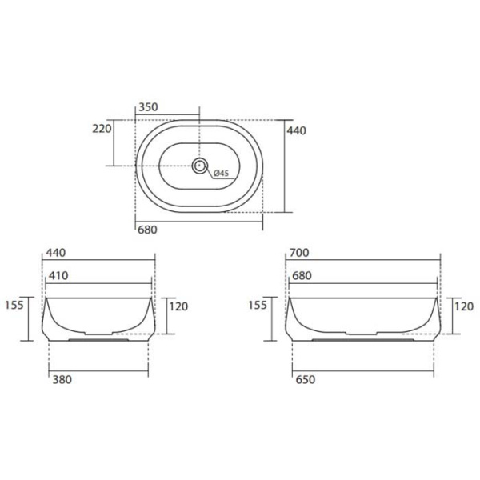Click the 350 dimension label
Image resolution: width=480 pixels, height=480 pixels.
(148, 107)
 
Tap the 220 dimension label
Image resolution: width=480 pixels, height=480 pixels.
(102, 129)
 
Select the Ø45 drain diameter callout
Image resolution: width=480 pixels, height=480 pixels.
(222, 174)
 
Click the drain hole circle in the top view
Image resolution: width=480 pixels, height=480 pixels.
(200, 166)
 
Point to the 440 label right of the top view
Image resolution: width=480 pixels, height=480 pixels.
(296, 130)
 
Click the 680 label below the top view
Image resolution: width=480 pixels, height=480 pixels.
(147, 230)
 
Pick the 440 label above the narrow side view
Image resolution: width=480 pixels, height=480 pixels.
(56, 253)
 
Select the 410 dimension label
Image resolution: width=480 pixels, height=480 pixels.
(58, 275)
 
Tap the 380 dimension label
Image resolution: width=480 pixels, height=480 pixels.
(62, 379)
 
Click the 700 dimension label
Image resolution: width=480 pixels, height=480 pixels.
(299, 253)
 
